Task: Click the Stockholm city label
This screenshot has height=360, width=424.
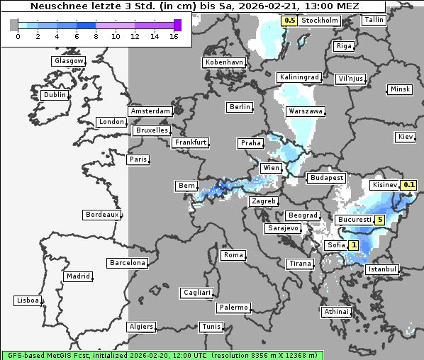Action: [320, 21]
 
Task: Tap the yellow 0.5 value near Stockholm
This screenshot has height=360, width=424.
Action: [289, 21]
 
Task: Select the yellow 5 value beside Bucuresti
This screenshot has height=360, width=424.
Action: [380, 220]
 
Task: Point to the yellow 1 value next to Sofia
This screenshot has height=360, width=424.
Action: [354, 245]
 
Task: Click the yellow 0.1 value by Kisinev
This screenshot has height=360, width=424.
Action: [408, 185]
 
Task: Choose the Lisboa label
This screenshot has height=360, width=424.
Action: [27, 300]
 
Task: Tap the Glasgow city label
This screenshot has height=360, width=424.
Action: [68, 61]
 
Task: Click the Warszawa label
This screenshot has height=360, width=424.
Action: [306, 111]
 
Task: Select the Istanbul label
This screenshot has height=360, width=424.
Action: [383, 270]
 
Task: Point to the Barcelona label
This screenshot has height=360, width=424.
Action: [128, 263]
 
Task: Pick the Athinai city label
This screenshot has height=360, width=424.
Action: [336, 312]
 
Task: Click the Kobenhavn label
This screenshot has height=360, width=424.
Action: [224, 62]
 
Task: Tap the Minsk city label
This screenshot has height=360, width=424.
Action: [400, 89]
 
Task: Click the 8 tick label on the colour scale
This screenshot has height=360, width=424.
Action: [96, 36]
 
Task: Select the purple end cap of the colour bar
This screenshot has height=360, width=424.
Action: [177, 26]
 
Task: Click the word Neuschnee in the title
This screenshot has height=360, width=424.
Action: [50, 6]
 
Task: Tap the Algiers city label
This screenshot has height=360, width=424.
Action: [140, 327]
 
